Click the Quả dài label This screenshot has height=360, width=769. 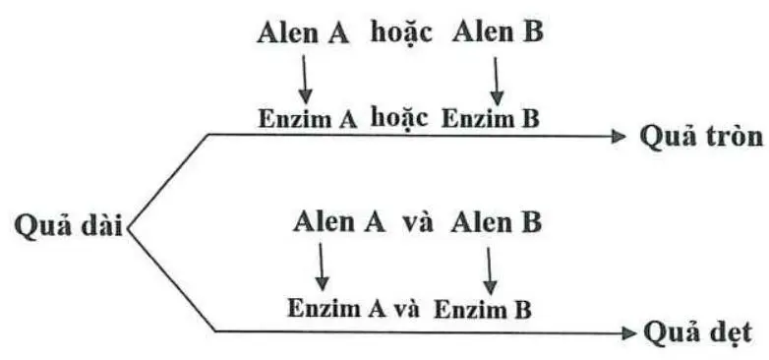pyautogui.click(x=64, y=225)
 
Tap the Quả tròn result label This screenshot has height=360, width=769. pyautogui.click(x=701, y=136)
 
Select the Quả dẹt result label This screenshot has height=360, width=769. pyautogui.click(x=696, y=331)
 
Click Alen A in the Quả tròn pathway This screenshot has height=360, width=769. pyautogui.click(x=305, y=31)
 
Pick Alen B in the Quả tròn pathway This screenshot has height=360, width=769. pyautogui.click(x=498, y=31)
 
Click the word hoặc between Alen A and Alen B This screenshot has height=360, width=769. pyautogui.click(x=401, y=32)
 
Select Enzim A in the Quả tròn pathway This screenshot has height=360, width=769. pyautogui.click(x=307, y=119)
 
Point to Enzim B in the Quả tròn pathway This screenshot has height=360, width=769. pyautogui.click(x=490, y=119)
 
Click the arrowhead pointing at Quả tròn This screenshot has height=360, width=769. pyautogui.click(x=619, y=136)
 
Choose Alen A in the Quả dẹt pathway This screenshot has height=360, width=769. pyautogui.click(x=339, y=221)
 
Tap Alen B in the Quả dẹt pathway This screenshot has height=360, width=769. pyautogui.click(x=497, y=221)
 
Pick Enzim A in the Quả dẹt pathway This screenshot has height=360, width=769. pyautogui.click(x=335, y=308)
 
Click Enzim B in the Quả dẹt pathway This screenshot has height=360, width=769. pyautogui.click(x=482, y=308)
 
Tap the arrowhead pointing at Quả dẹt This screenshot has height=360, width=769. pyautogui.click(x=629, y=331)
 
